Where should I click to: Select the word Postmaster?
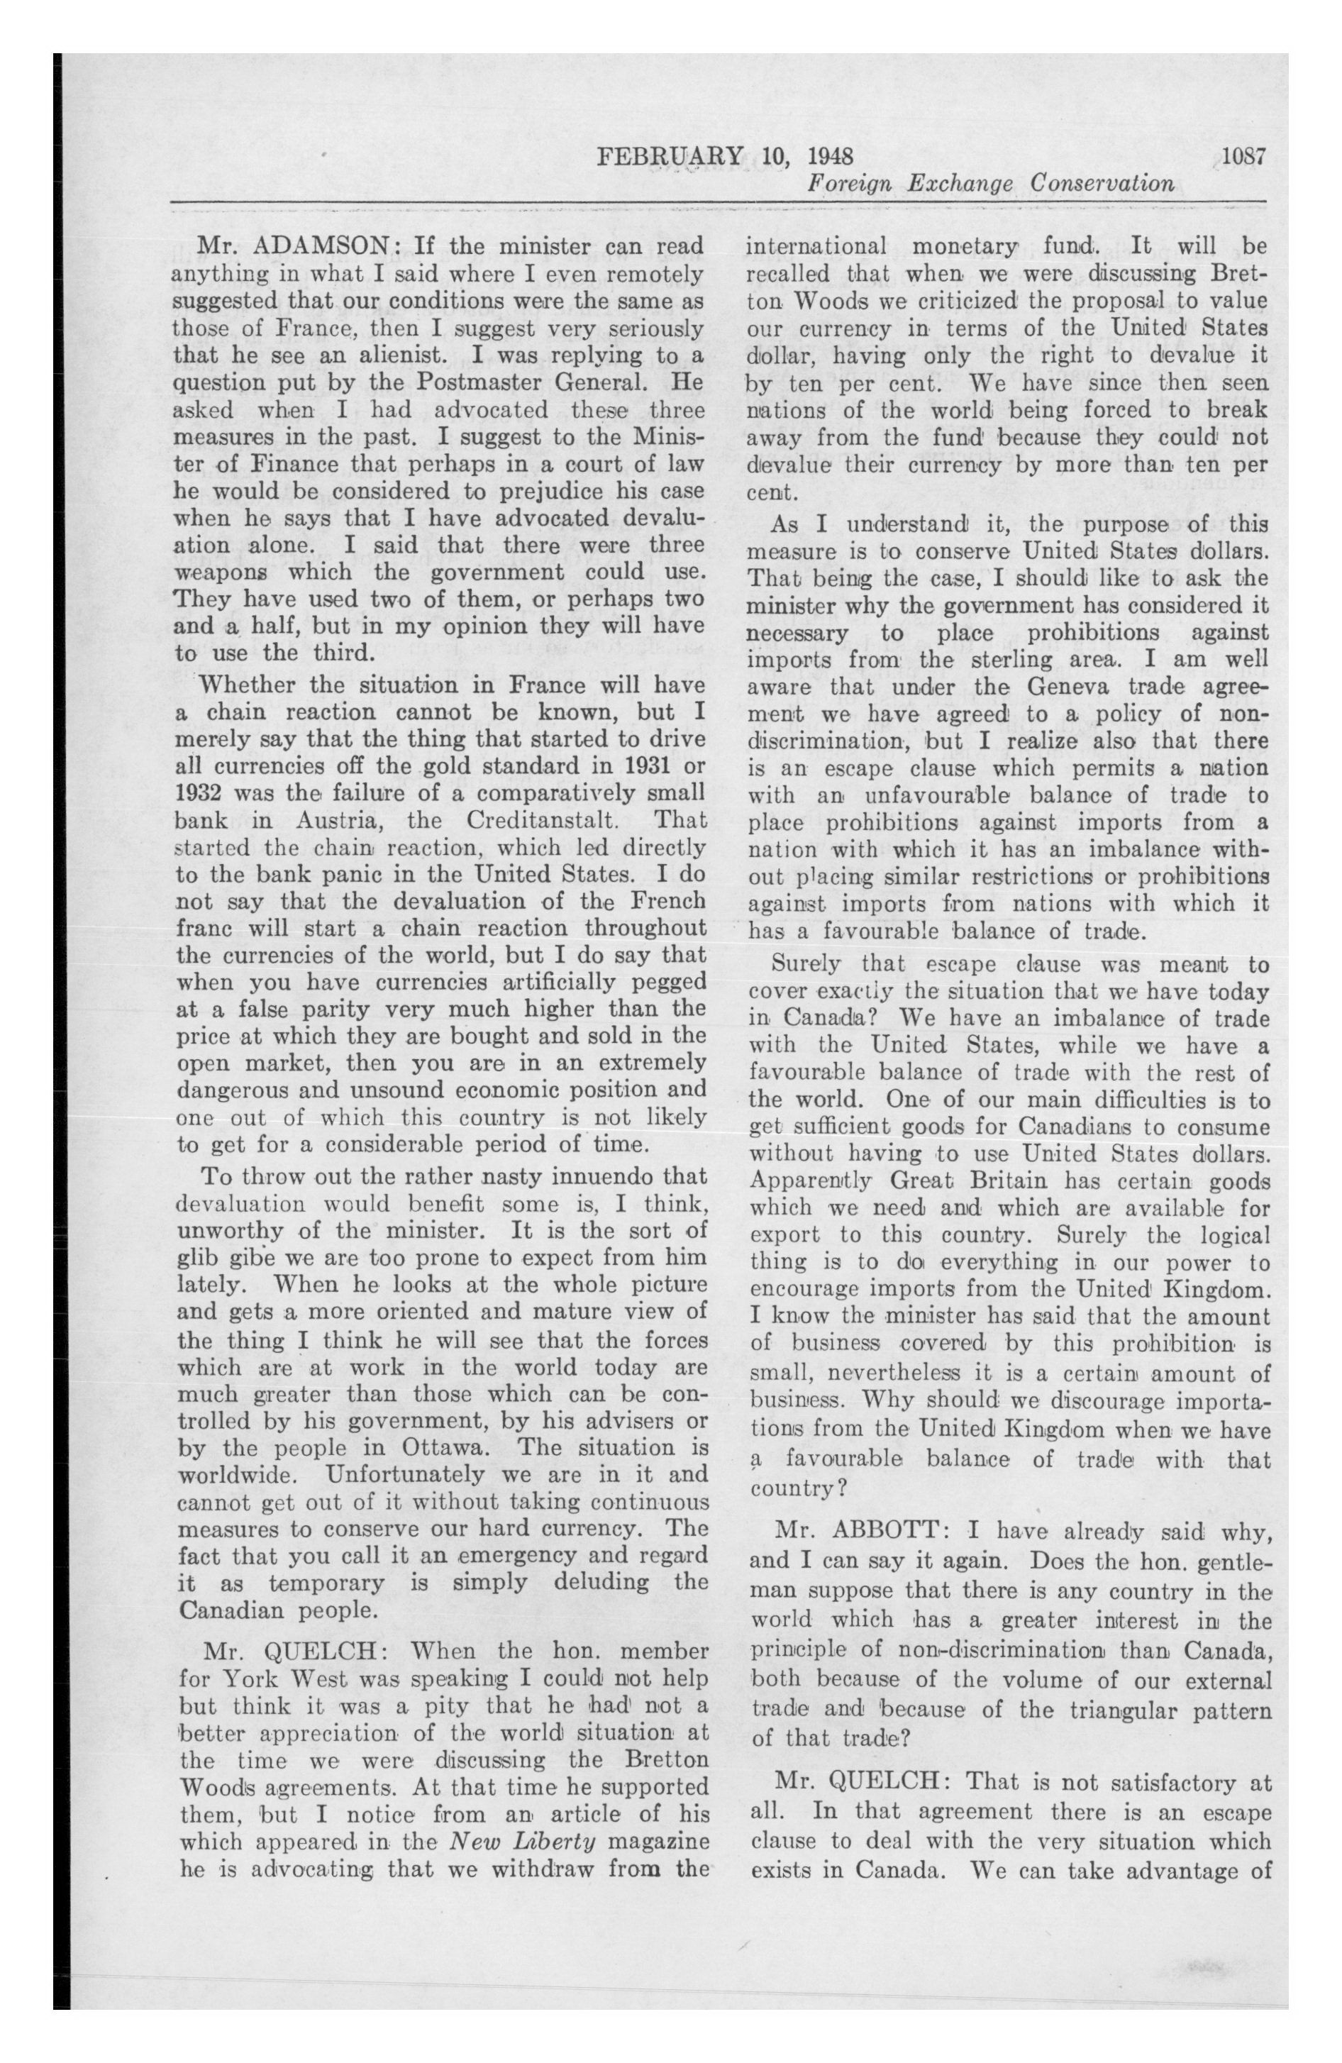pyautogui.click(x=483, y=382)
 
